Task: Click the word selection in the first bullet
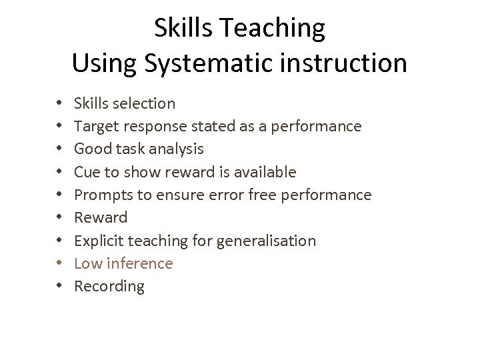pos(145,103)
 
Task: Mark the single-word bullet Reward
pos(100,217)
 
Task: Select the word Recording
pos(109,287)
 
